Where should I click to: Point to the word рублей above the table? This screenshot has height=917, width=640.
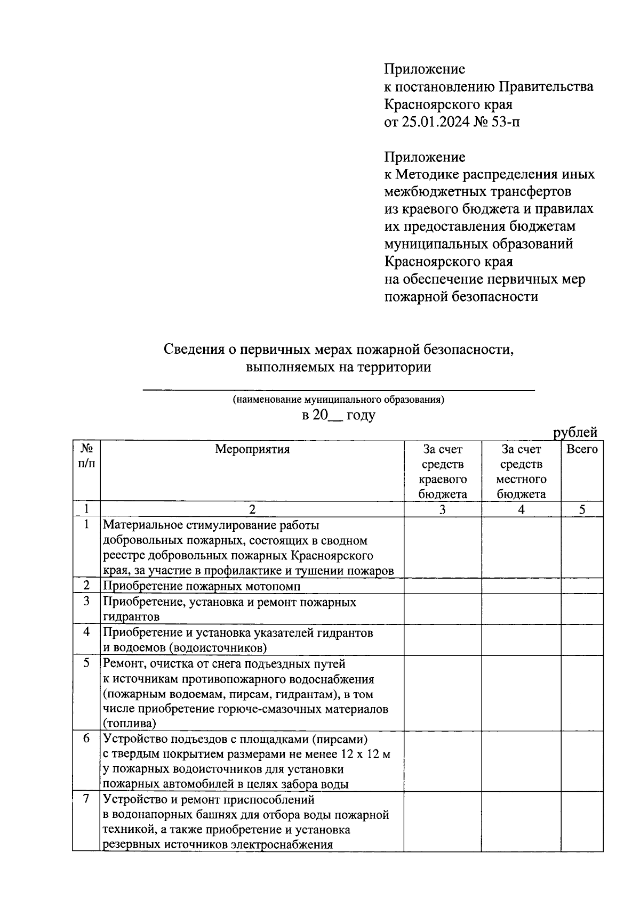pos(575,432)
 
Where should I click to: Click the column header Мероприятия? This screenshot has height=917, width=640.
pos(252,449)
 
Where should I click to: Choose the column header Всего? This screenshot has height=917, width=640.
pos(582,449)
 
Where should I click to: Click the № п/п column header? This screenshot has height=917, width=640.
pos(86,456)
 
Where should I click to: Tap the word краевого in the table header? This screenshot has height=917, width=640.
pos(443,479)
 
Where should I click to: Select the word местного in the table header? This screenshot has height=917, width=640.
pos(521,479)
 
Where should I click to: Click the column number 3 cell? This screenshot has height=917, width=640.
pos(443,509)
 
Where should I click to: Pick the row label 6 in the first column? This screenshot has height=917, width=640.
pos(86,740)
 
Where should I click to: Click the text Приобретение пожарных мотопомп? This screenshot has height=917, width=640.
pos(202,586)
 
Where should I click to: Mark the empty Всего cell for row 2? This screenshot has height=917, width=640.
pos(582,586)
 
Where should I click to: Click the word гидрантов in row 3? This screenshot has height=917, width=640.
pos(131,617)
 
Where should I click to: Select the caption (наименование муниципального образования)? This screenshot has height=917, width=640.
pos(339,399)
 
